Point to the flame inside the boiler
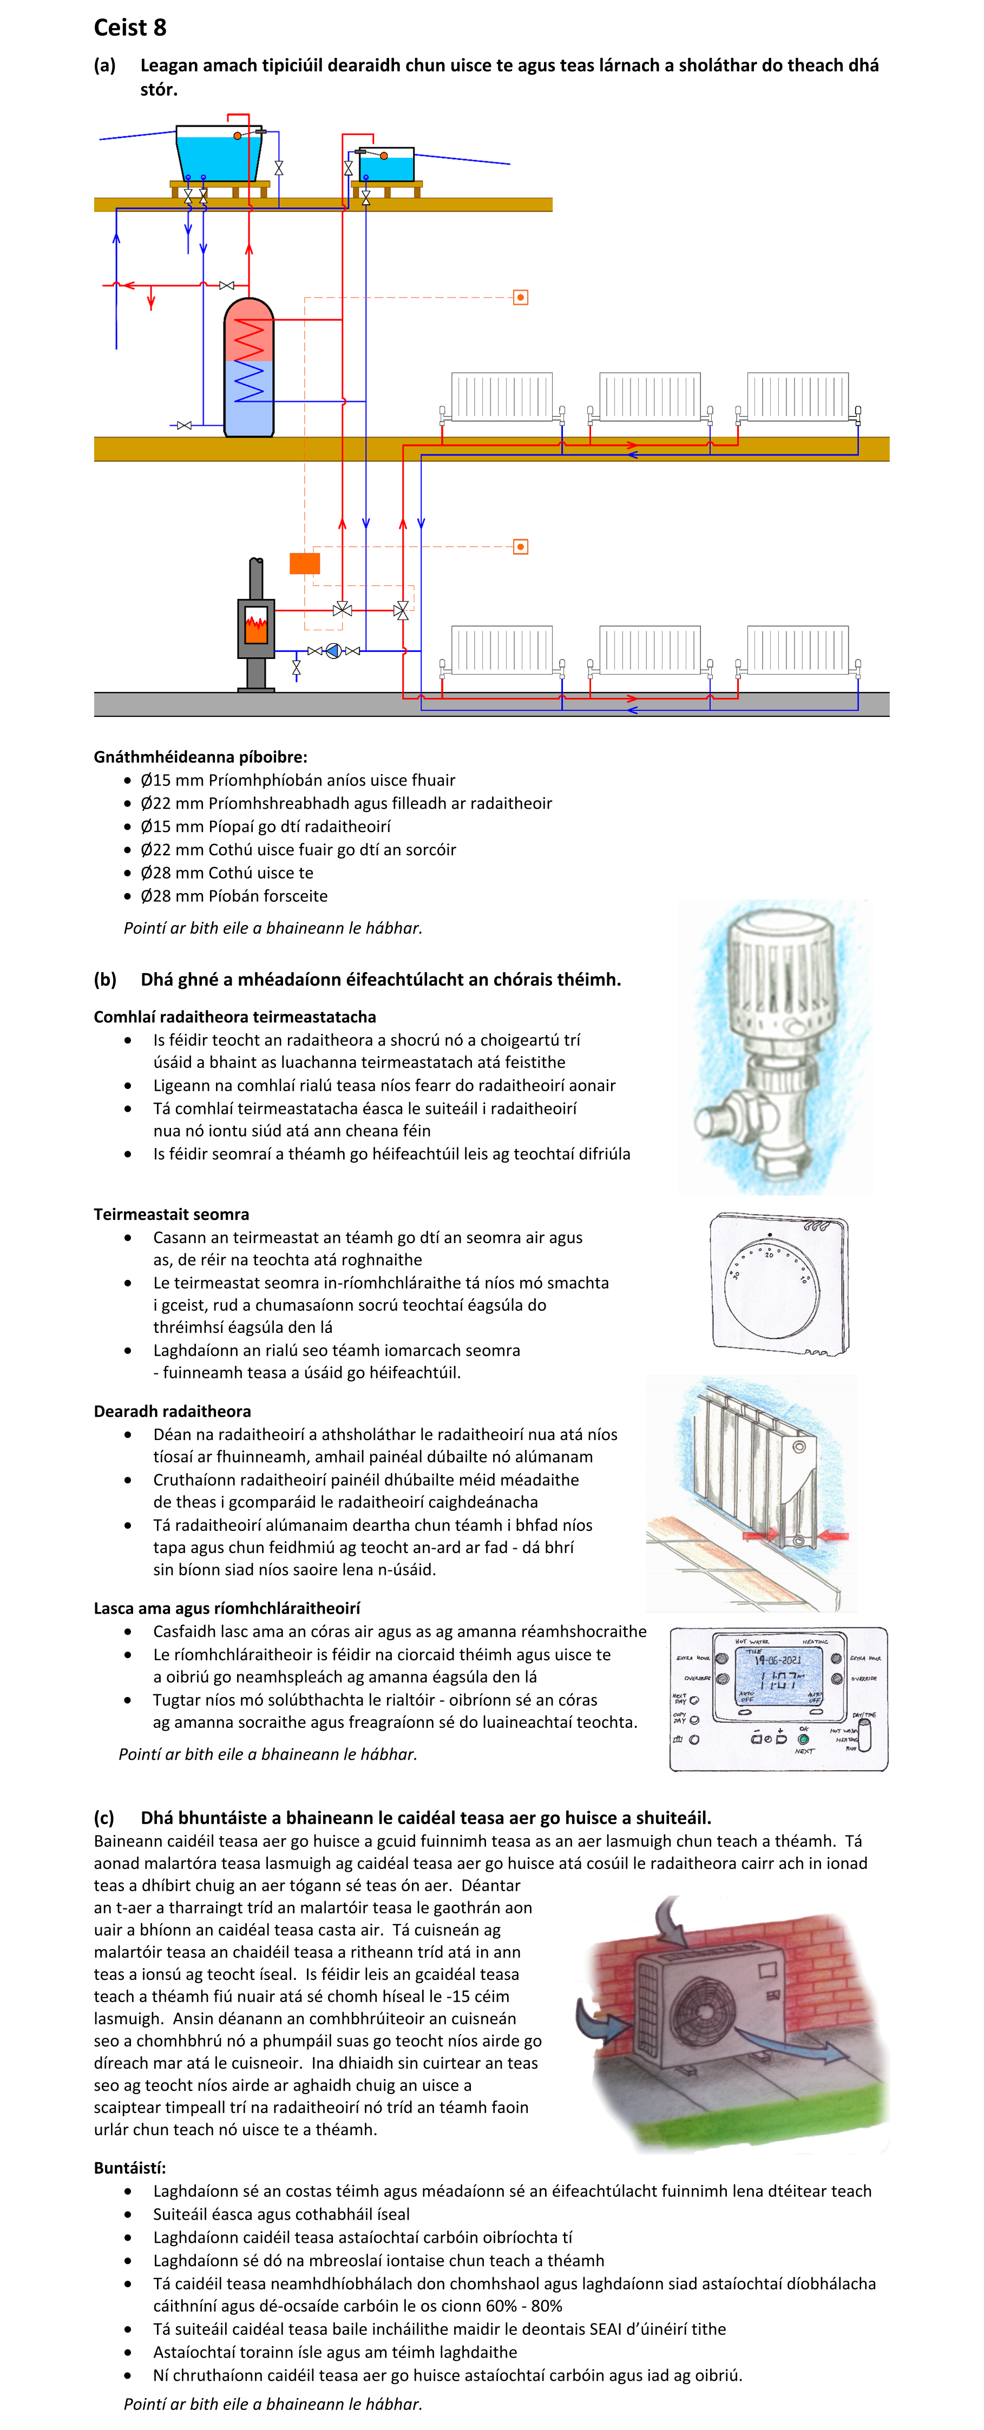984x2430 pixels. [255, 623]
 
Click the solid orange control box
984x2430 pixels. [305, 563]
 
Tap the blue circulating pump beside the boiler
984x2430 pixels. [333, 651]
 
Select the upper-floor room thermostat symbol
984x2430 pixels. [520, 297]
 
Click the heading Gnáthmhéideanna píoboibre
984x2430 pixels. [200, 757]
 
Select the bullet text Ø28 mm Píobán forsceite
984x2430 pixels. [234, 895]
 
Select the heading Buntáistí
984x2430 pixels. [129, 2168]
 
